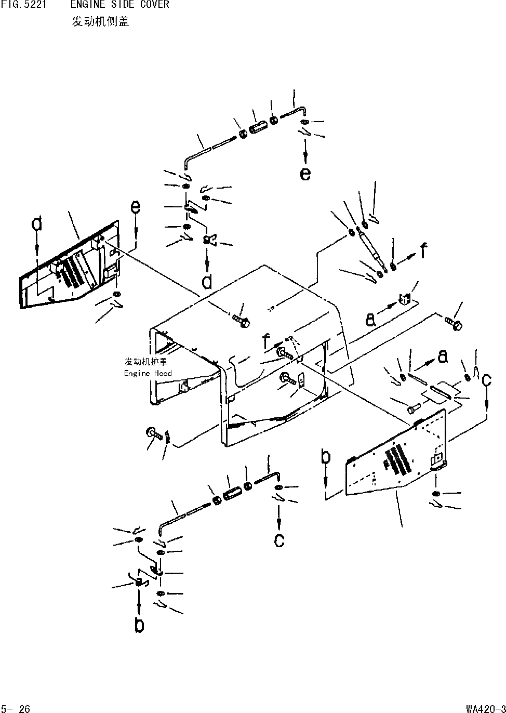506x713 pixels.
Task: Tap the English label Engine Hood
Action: tap(148, 373)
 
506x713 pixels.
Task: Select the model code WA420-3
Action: tap(485, 708)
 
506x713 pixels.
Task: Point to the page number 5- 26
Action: tap(17, 708)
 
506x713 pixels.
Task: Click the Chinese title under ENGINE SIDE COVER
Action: tap(100, 22)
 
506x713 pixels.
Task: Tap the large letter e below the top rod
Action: tap(305, 173)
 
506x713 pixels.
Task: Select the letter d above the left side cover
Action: tap(36, 224)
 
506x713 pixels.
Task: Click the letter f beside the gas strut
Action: tap(424, 252)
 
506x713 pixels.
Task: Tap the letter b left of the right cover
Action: tap(326, 457)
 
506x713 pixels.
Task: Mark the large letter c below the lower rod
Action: tap(279, 540)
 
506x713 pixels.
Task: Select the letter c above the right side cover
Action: tap(486, 380)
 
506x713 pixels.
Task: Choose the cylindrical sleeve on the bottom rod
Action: tap(231, 493)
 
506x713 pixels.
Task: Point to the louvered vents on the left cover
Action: tap(71, 271)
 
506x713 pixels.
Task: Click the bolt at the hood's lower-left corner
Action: tap(154, 432)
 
